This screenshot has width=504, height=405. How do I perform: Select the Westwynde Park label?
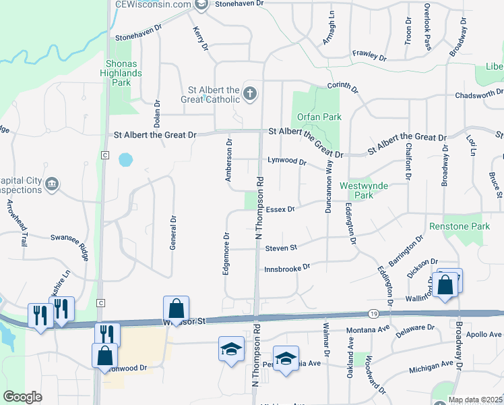tap(357, 190)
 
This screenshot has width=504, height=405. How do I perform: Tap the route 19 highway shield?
tap(373, 313)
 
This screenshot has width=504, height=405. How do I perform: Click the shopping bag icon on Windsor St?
tap(176, 308)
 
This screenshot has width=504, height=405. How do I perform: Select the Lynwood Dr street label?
tap(286, 162)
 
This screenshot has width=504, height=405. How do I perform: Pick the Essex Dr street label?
tap(281, 209)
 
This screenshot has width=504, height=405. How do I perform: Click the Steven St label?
tap(281, 248)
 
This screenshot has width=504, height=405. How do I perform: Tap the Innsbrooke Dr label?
tap(286, 267)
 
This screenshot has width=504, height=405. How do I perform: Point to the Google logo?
tap(23, 397)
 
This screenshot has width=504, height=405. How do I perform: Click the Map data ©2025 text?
tap(475, 400)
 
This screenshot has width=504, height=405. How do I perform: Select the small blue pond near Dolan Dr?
tap(125, 160)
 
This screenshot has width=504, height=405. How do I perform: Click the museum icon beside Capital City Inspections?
tap(51, 184)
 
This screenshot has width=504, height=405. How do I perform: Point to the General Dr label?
tap(173, 232)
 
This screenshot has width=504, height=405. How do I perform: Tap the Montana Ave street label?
tap(369, 330)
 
